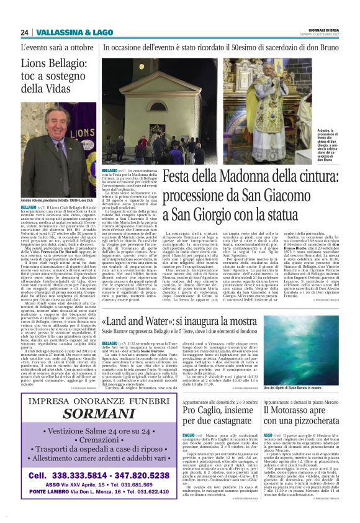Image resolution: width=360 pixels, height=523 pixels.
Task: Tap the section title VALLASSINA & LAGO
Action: (66, 32)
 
